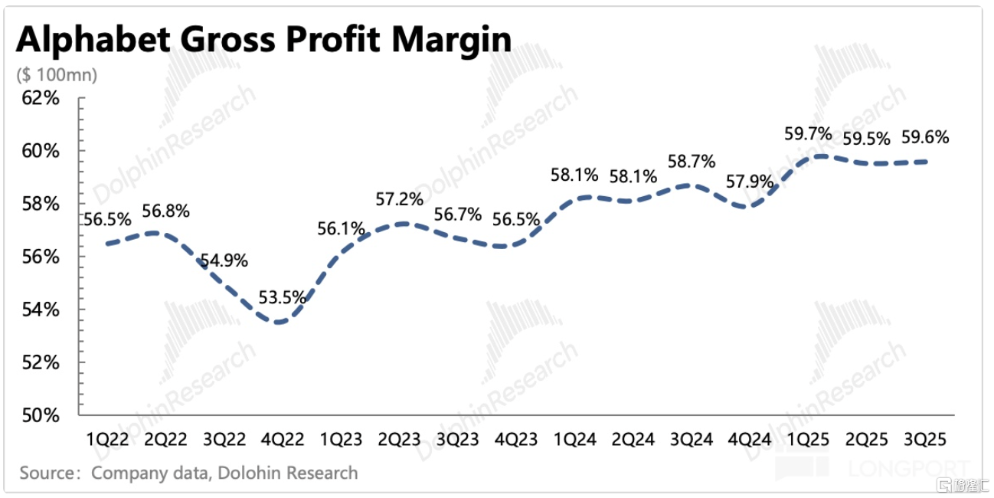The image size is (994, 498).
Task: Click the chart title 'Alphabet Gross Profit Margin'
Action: click(x=263, y=40)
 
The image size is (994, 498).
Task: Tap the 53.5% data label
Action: click(x=282, y=297)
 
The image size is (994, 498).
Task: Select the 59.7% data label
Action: click(x=808, y=134)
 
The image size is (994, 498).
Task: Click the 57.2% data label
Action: click(x=400, y=200)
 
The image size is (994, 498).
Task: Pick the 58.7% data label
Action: click(x=691, y=162)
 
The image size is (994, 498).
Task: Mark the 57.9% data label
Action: click(x=750, y=183)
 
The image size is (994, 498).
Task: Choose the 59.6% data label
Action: click(x=925, y=138)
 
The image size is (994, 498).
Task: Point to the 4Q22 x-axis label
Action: click(x=282, y=440)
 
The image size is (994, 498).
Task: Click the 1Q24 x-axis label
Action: click(x=575, y=440)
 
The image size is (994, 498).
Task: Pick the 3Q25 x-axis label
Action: click(x=925, y=440)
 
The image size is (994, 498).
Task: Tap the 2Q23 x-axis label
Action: click(x=400, y=440)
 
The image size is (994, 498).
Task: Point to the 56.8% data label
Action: click(x=165, y=211)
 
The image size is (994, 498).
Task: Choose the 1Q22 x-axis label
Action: click(x=106, y=440)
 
